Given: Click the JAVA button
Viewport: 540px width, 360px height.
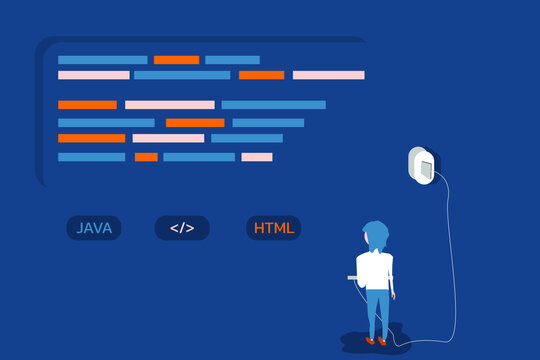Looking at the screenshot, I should (x=94, y=228).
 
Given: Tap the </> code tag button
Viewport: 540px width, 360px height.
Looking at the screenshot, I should (x=182, y=228).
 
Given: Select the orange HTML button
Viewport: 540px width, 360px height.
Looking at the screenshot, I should (x=274, y=228).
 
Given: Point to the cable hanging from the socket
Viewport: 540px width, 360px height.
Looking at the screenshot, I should (x=451, y=260).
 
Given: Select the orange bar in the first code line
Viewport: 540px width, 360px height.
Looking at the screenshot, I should (x=176, y=60).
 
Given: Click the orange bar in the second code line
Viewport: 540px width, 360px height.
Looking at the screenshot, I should (x=261, y=75).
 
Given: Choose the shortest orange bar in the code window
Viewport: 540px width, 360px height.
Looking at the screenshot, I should (x=146, y=157).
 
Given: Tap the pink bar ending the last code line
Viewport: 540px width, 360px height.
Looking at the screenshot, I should (x=257, y=157).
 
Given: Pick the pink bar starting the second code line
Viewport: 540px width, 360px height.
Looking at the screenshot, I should (x=93, y=75).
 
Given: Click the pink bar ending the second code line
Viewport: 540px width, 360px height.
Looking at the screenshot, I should (x=328, y=75).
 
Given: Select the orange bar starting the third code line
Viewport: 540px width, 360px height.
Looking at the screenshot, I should (x=87, y=104).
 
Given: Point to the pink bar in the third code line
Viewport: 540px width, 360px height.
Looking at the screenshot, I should (x=169, y=104).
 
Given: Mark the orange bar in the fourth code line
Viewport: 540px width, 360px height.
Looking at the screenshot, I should (x=195, y=123).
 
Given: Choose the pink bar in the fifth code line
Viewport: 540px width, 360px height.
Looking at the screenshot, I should (x=168, y=138).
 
